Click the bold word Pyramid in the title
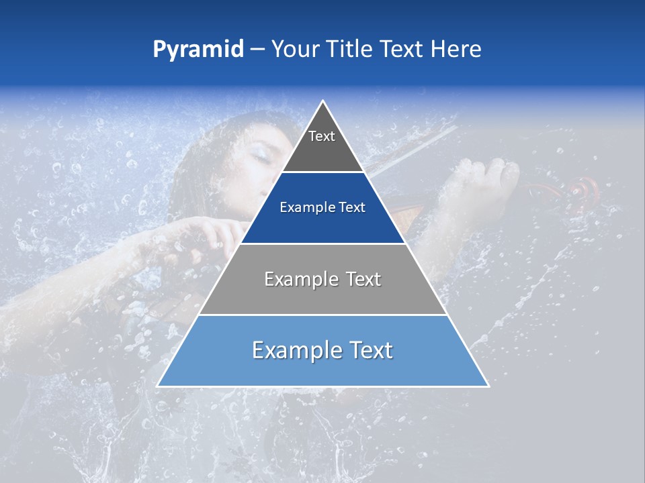198,50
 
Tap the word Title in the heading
350,49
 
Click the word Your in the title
295,49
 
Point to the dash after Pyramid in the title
257,50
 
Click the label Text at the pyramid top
322,136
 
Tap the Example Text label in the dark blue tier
322,207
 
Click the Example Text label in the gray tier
322,279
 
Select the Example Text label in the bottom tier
322,350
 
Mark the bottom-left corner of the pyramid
159,386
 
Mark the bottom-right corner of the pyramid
487,386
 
